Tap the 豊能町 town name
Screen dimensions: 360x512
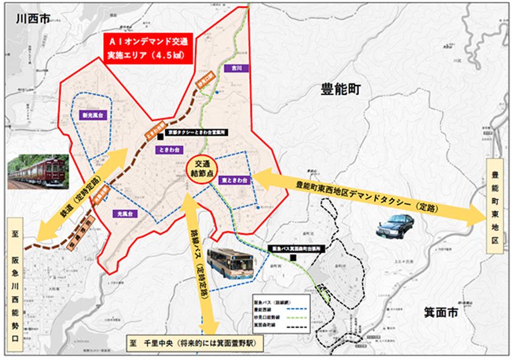pyautogui.click(x=341, y=90)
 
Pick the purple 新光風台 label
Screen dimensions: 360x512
pyautogui.click(x=93, y=115)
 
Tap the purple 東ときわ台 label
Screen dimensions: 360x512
pyautogui.click(x=233, y=181)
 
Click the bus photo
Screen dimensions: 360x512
pyautogui.click(x=230, y=264)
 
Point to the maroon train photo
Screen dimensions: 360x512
pyautogui.click(x=38, y=171)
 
